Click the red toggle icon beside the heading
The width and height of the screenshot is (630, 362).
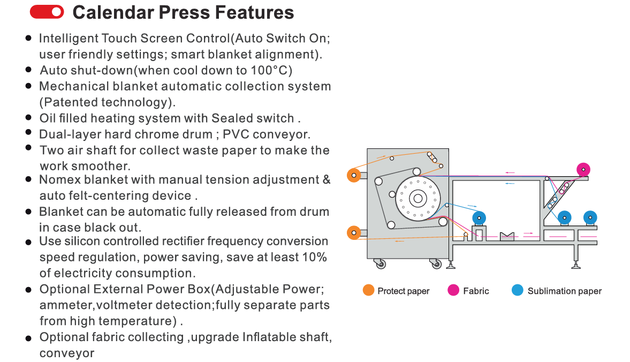coord(47,12)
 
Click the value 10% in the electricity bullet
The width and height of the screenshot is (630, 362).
coord(315,257)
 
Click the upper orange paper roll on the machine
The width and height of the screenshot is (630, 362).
coord(353,175)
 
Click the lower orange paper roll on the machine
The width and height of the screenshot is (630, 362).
coord(353,232)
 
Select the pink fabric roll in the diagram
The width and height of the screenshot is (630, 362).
coord(583,170)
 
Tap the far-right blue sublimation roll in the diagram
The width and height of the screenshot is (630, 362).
coord(590,217)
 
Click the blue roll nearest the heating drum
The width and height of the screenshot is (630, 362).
coord(480,218)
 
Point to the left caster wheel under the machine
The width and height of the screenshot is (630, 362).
coord(381,263)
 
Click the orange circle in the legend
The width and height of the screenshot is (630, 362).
coord(368,290)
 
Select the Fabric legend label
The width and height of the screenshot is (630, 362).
coord(476,291)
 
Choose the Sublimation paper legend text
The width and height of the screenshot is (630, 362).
coord(564,291)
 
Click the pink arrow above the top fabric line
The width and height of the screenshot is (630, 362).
coord(510,172)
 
